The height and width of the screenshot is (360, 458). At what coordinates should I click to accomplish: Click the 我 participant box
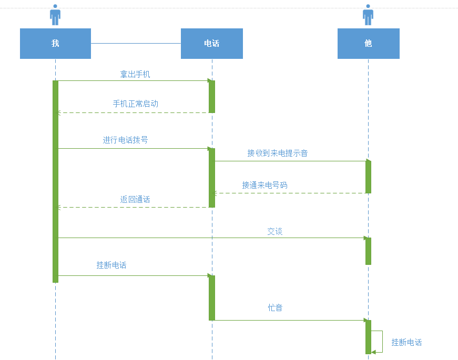[55, 44]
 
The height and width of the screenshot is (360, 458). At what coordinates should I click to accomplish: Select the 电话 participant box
[211, 44]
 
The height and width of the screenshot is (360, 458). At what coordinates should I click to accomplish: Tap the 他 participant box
[368, 44]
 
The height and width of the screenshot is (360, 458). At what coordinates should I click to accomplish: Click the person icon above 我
[55, 15]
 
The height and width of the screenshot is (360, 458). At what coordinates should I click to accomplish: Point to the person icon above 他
[368, 15]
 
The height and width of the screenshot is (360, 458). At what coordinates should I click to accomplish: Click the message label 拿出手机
[135, 74]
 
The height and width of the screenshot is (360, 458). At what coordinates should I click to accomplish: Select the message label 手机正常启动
[135, 104]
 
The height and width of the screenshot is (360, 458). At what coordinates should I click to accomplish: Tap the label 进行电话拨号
[126, 140]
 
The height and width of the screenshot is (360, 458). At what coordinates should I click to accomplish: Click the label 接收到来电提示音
[278, 153]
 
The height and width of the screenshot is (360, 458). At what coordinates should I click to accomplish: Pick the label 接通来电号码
[264, 185]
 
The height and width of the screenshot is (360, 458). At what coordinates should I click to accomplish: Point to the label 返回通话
[135, 199]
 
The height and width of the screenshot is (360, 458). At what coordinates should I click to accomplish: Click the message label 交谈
[275, 231]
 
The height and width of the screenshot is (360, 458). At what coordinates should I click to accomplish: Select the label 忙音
[275, 307]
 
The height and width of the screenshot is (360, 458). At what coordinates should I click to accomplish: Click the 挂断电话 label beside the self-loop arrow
[406, 342]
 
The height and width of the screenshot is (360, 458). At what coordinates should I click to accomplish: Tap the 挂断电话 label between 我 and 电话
[111, 265]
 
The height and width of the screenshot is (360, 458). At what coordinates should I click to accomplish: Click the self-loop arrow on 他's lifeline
[382, 341]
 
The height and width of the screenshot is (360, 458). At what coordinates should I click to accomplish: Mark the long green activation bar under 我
[55, 181]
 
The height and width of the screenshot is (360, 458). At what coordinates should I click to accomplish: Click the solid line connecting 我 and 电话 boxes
[136, 43]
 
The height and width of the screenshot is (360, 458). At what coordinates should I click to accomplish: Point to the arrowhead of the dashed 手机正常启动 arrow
[59, 112]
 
